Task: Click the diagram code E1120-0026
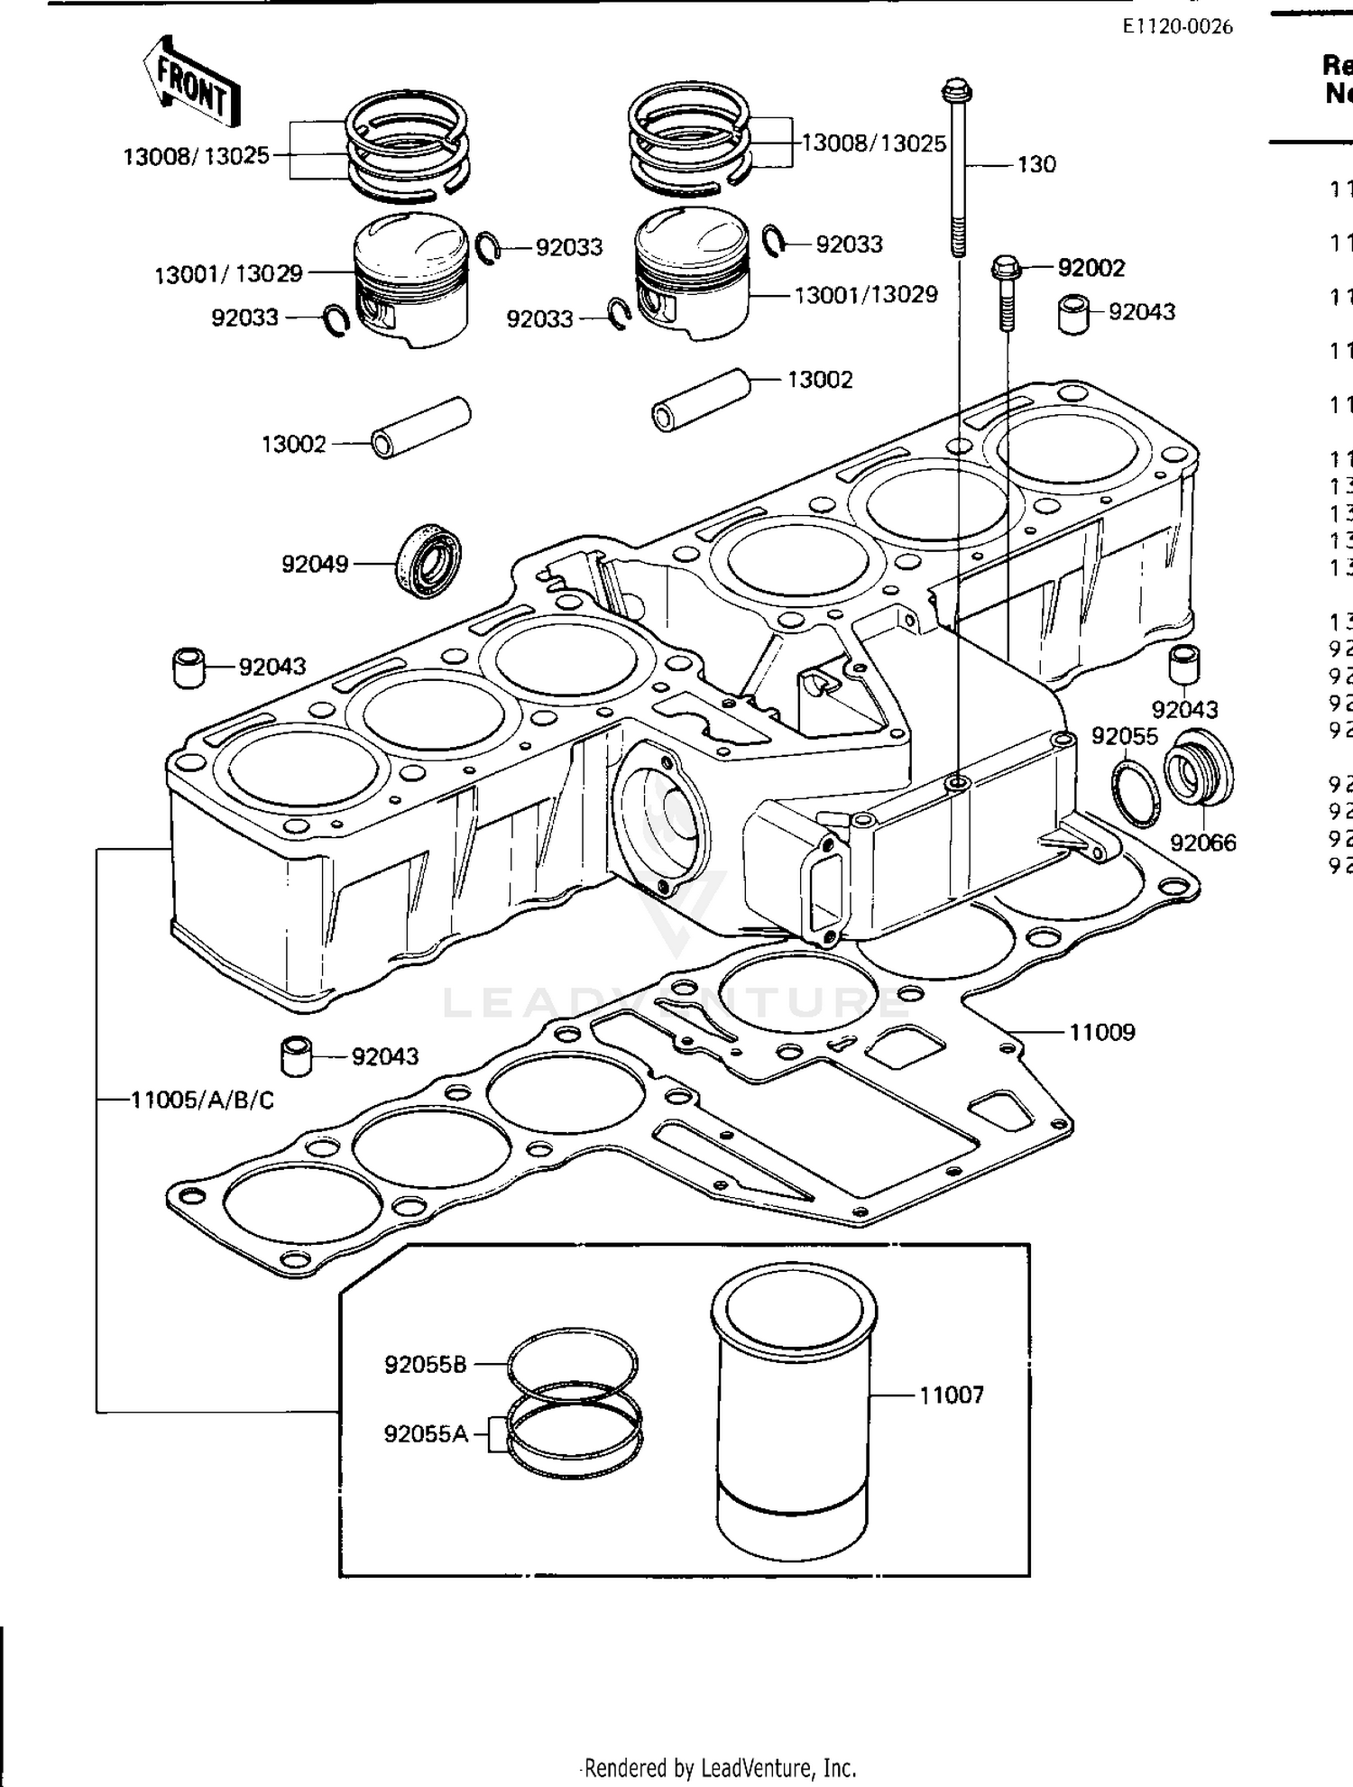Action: (x=1177, y=26)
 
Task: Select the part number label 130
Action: (x=1036, y=165)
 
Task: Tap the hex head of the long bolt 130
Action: (x=958, y=91)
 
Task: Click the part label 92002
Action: (x=1091, y=268)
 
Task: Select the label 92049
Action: (x=315, y=565)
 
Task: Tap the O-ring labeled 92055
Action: (x=1136, y=792)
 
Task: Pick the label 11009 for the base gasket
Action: (x=1101, y=1032)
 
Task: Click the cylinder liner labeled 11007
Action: (x=793, y=1416)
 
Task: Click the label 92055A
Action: (x=426, y=1433)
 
